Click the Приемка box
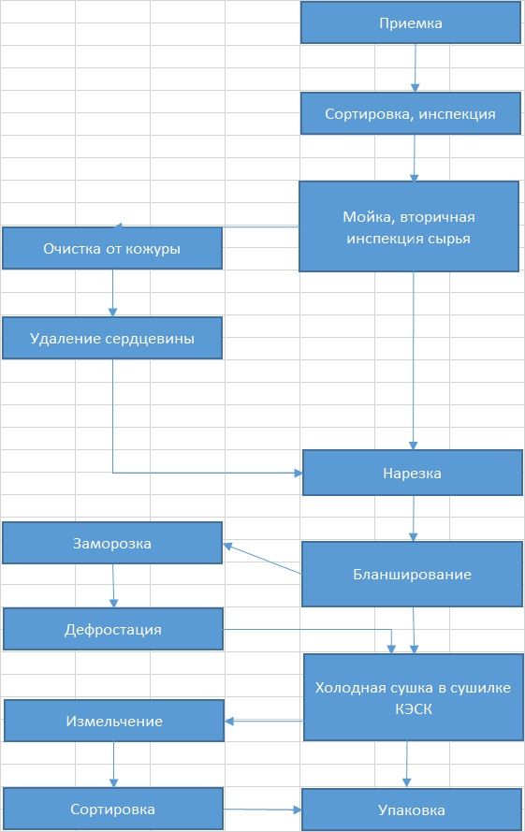coord(410,22)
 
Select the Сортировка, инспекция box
coord(410,113)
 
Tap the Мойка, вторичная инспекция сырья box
coord(409,226)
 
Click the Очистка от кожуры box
coord(112,248)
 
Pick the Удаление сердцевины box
coord(112,338)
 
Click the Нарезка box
coord(413,473)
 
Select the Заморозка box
coord(112,543)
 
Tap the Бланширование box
coord(412,574)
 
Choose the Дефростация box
coord(113,629)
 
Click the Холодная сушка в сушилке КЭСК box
coord(414,697)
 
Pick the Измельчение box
coord(114,721)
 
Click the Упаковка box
coord(412,810)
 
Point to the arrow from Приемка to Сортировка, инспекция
coord(416,68)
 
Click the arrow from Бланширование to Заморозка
coord(262,558)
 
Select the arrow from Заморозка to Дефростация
coord(113,586)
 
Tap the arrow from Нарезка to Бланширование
coord(414,518)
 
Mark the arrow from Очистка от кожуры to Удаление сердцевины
coord(112,293)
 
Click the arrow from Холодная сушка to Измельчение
coord(264,721)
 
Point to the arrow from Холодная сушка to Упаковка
coord(407,764)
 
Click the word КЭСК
coord(414,708)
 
